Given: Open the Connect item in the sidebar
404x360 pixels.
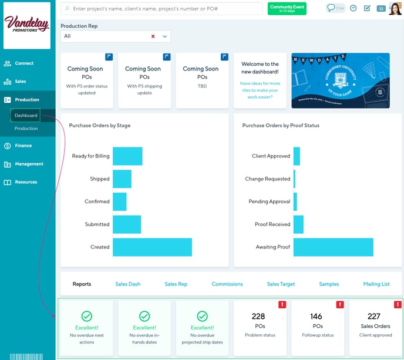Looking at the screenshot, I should click(x=24, y=63).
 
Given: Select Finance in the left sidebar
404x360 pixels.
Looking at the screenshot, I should click(x=23, y=146).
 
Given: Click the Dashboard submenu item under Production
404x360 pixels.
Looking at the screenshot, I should click(x=26, y=116).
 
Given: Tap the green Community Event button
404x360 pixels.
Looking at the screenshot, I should click(x=287, y=8).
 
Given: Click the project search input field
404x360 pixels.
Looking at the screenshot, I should click(x=164, y=9).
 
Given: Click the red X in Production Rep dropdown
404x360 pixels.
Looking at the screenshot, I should click(x=153, y=36).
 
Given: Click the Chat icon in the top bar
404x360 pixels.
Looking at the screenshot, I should click(x=335, y=8).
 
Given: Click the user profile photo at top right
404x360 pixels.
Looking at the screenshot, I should click(x=395, y=8).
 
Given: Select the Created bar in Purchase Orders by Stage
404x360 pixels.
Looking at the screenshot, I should click(x=152, y=247).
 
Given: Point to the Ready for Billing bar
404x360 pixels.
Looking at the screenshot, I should click(x=127, y=156).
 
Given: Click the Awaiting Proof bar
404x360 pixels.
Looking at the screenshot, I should click(x=333, y=247).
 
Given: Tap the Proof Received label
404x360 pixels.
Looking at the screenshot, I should click(x=272, y=224).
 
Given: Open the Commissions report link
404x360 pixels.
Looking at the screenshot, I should click(x=227, y=284).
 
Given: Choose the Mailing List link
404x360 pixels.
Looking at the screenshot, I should click(x=376, y=284).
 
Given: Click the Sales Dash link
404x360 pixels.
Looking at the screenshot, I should click(x=127, y=284).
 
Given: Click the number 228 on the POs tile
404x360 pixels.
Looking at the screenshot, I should click(x=258, y=317).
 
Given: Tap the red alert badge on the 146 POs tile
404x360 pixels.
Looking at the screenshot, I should click(x=339, y=305).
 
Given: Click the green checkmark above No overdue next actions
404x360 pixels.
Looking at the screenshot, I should click(x=86, y=316).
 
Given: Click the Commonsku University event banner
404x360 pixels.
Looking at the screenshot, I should click(x=340, y=80).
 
